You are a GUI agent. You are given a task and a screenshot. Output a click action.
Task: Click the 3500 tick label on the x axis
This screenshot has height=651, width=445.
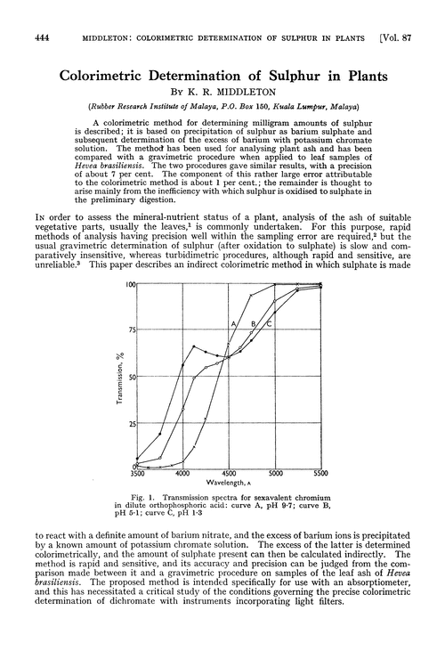136,476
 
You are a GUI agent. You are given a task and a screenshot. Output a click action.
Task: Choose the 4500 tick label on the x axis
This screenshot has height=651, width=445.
229,476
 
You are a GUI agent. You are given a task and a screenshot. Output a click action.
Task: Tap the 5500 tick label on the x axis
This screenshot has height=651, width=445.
320,476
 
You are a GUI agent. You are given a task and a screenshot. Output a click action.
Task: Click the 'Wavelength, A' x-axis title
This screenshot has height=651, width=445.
230,488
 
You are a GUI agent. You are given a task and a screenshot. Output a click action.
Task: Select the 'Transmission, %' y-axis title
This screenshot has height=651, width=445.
117,379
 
